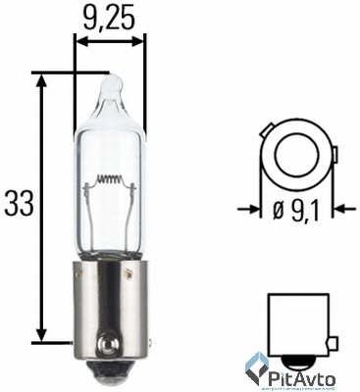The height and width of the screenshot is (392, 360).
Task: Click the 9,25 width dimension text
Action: tap(110, 17)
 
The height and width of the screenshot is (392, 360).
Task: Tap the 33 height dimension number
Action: tap(20, 204)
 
